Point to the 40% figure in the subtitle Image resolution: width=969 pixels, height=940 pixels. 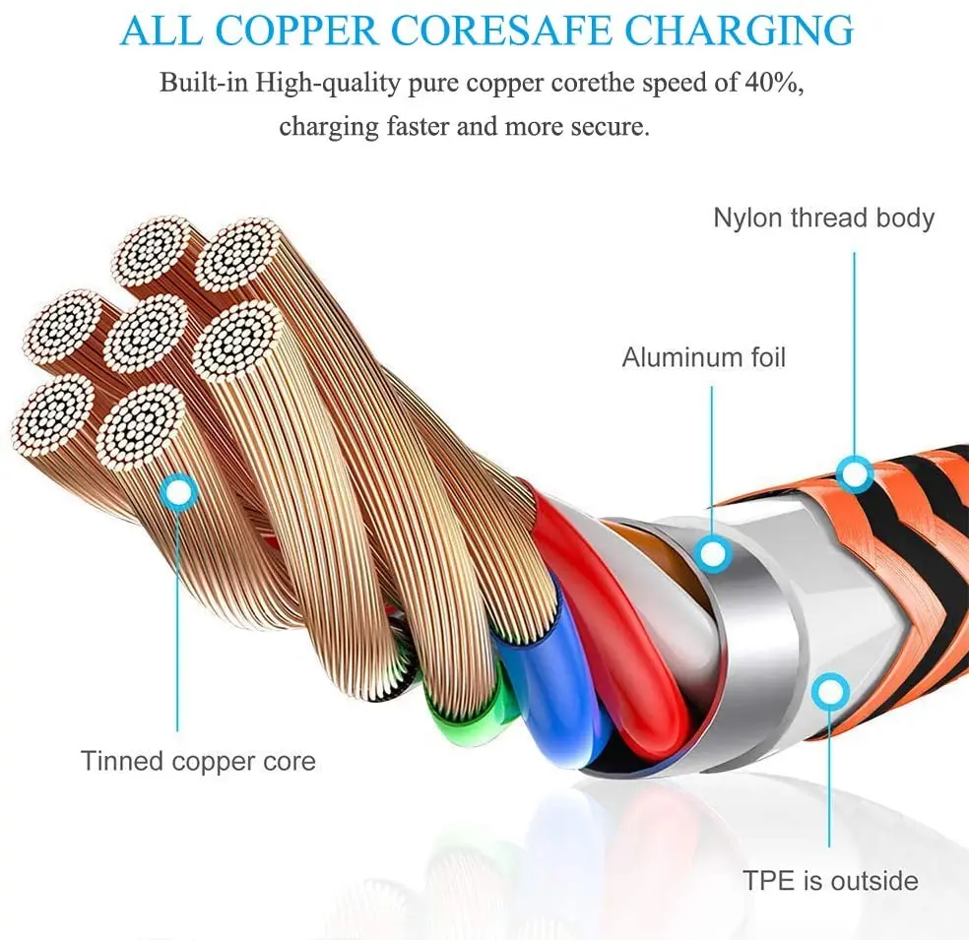point(775,83)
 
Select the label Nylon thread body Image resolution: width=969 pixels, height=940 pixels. point(823,218)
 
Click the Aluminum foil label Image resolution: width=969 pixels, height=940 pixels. point(703,357)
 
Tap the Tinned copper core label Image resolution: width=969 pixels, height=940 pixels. point(198,761)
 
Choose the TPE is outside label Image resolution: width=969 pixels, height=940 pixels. point(830,881)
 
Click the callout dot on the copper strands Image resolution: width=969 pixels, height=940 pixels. point(178,489)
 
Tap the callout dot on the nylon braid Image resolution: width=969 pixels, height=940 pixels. point(855,474)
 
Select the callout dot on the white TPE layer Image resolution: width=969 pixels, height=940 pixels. point(830,692)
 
